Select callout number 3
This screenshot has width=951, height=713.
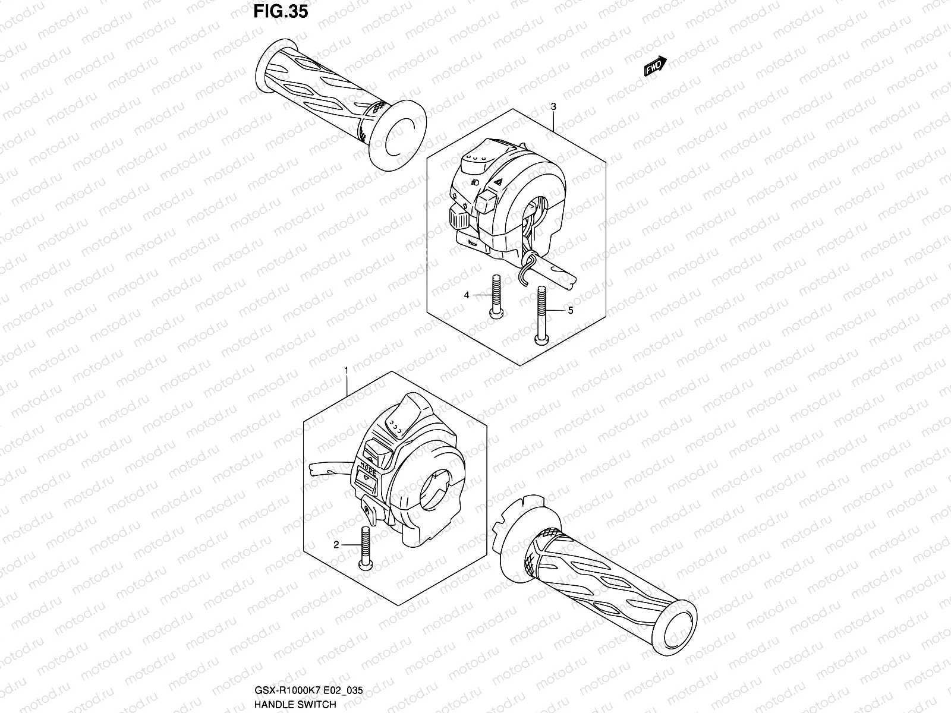pyautogui.click(x=553, y=107)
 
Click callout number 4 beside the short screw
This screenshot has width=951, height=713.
pyautogui.click(x=467, y=295)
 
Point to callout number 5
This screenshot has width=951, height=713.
pyautogui.click(x=570, y=310)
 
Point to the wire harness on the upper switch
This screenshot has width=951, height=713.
pyautogui.click(x=526, y=261)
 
